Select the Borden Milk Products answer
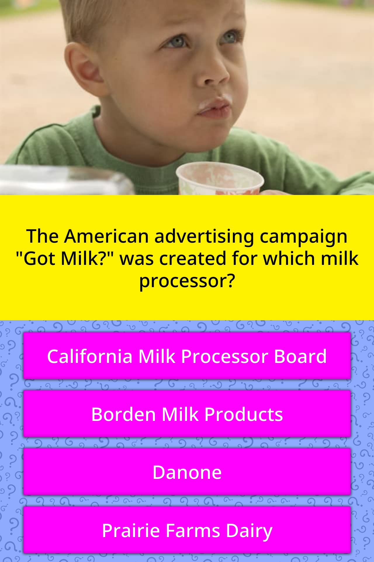(187, 414)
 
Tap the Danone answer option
(187, 472)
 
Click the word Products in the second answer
(243, 414)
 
